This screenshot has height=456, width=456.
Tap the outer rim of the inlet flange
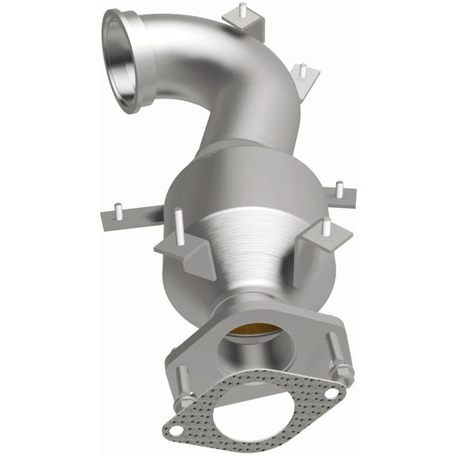point(107,26)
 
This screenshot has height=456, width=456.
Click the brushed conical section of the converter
point(257,248)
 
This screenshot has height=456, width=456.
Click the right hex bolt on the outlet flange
point(341,373)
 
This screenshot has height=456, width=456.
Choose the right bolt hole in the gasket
point(329,392)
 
